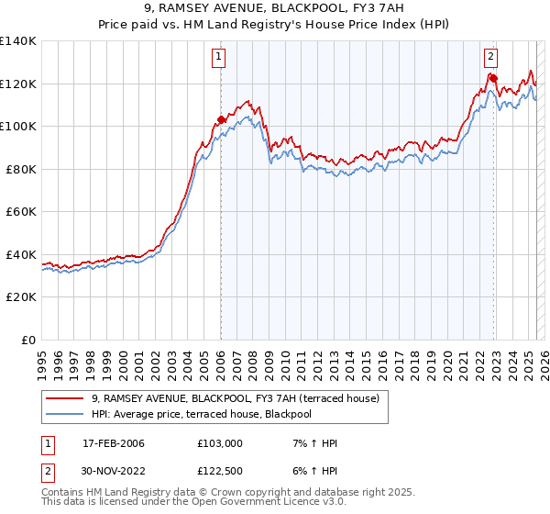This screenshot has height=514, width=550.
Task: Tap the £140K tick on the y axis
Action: (x=18, y=41)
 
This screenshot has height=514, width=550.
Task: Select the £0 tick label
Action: (x=29, y=340)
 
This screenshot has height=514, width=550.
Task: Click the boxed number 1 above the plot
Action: (x=220, y=57)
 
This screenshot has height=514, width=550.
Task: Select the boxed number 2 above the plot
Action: (x=490, y=57)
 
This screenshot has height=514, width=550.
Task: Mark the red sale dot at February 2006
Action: (x=221, y=119)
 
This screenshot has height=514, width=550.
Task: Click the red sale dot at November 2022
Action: (x=493, y=78)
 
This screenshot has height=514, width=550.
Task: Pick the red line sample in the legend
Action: (x=63, y=398)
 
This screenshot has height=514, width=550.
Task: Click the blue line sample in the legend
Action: (x=63, y=414)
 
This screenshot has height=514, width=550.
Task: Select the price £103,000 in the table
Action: (x=220, y=443)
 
